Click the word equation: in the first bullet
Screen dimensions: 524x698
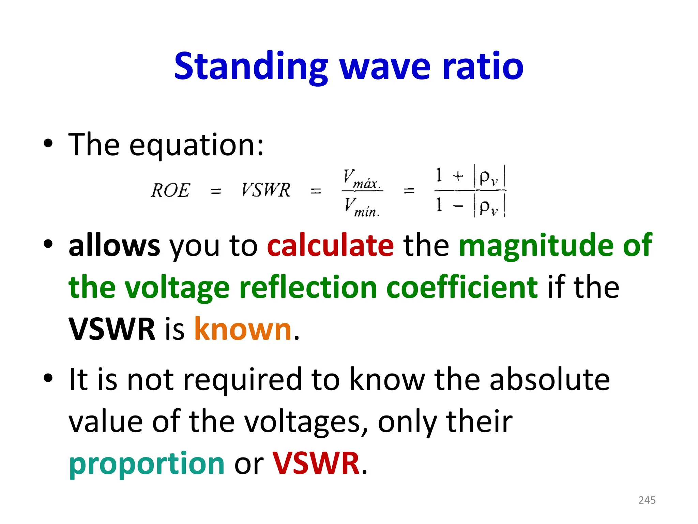[x=196, y=145]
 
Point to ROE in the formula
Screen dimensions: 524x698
[x=170, y=190]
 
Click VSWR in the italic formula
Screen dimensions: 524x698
[x=266, y=190]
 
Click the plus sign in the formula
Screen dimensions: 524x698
[x=458, y=176]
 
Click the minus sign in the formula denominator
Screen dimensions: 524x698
[x=458, y=206]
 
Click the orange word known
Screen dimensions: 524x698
[x=243, y=329]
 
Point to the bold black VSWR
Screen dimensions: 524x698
[x=112, y=329]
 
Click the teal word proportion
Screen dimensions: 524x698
[x=147, y=463]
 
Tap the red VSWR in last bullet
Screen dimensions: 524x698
[x=316, y=463]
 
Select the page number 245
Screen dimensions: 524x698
[x=647, y=500]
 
